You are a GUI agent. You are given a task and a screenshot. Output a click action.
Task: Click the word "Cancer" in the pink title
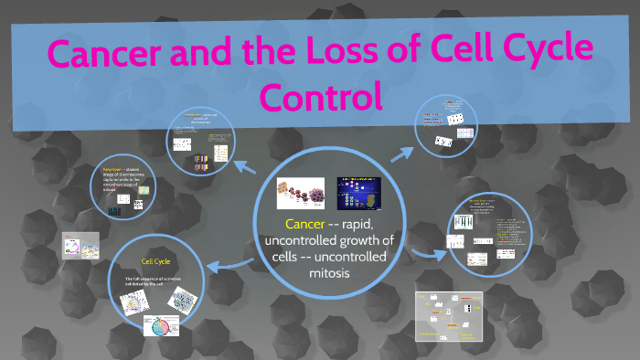107,56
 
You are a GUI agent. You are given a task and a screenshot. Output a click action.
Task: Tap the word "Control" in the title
319,95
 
